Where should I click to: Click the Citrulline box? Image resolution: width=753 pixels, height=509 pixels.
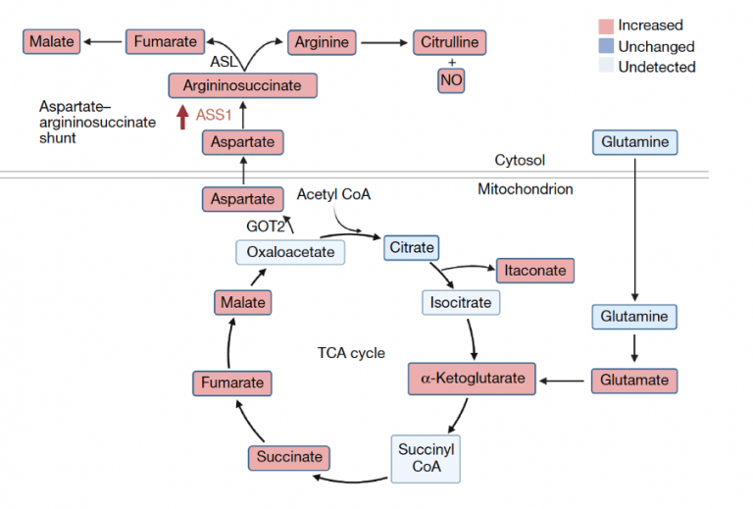point(450,42)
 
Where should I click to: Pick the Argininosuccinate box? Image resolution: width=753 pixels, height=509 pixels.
point(242,85)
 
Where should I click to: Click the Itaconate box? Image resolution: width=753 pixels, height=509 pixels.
point(534,270)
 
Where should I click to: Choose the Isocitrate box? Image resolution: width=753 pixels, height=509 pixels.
point(461,302)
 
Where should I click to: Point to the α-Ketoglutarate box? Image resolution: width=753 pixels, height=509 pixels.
point(472,378)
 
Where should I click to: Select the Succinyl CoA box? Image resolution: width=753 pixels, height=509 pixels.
point(427,458)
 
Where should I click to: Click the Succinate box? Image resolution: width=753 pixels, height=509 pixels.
point(289,457)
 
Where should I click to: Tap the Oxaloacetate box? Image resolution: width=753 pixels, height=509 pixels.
point(290,252)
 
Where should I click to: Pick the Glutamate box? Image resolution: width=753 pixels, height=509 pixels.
point(634,381)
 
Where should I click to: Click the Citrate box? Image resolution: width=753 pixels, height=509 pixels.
point(412,248)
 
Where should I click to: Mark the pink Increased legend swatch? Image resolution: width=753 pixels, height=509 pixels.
point(606,25)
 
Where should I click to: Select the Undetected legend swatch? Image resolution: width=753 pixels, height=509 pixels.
point(606,67)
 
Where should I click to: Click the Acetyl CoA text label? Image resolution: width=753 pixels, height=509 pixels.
point(333,193)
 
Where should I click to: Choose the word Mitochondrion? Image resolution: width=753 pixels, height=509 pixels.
point(525,189)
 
